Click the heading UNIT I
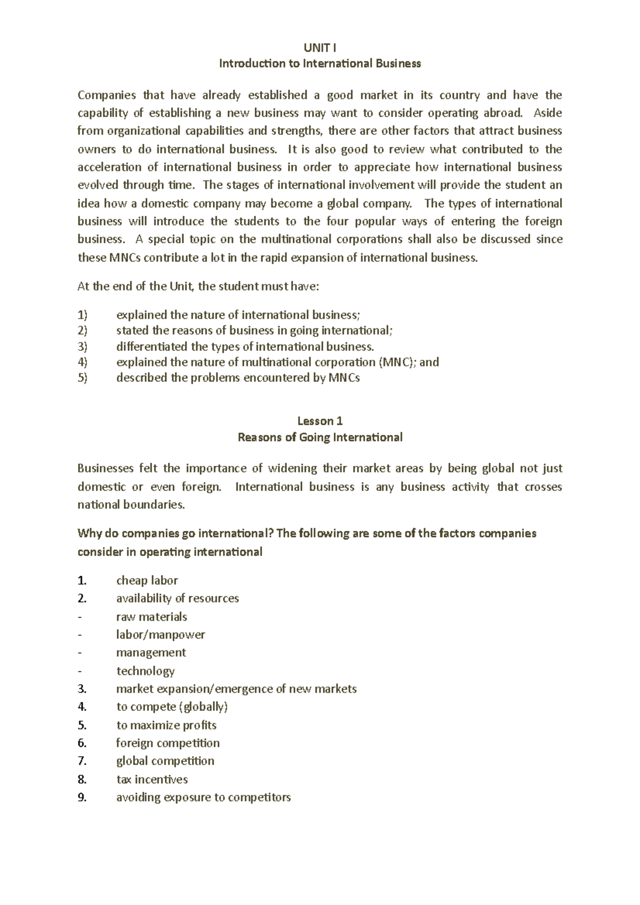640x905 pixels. point(319,48)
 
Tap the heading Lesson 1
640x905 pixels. point(319,421)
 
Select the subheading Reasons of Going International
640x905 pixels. point(319,438)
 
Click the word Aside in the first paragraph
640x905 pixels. point(548,113)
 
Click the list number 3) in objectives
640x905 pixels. point(82,346)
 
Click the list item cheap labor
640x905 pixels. point(147,580)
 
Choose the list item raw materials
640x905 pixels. point(151,617)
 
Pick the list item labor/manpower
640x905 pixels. point(160,635)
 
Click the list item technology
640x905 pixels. point(145,671)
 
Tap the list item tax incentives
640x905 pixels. point(152,779)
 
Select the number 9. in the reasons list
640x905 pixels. point(82,797)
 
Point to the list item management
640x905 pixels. point(151,653)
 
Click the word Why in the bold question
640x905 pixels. point(89,534)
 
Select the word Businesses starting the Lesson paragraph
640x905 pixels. point(105,468)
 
